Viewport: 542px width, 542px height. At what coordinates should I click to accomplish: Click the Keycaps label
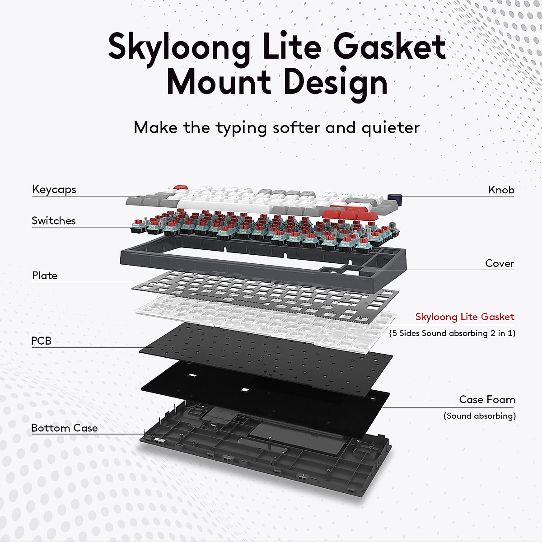[54, 190]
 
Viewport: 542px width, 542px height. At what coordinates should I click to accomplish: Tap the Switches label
[54, 220]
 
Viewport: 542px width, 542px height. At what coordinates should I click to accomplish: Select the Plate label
[45, 276]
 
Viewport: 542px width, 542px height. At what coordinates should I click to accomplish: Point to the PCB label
[42, 341]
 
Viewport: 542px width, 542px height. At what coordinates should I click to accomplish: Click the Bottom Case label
[65, 428]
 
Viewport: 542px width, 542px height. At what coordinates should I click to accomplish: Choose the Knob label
[501, 190]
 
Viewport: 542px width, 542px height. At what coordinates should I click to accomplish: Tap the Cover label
[500, 263]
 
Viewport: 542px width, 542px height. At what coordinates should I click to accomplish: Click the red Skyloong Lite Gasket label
[465, 317]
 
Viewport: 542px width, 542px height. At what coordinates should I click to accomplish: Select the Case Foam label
[487, 399]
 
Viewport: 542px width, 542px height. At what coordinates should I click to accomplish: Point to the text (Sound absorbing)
[480, 416]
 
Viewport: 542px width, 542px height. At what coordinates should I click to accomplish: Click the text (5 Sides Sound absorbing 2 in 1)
[452, 333]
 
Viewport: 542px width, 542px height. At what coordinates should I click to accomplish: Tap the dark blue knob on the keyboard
[395, 197]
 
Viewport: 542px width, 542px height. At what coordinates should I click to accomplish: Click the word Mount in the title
[219, 82]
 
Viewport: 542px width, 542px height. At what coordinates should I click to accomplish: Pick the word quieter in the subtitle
[391, 128]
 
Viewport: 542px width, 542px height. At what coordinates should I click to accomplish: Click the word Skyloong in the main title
[179, 48]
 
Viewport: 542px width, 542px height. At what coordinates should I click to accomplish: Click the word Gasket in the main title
[389, 46]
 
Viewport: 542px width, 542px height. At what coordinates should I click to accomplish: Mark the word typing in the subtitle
[241, 128]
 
